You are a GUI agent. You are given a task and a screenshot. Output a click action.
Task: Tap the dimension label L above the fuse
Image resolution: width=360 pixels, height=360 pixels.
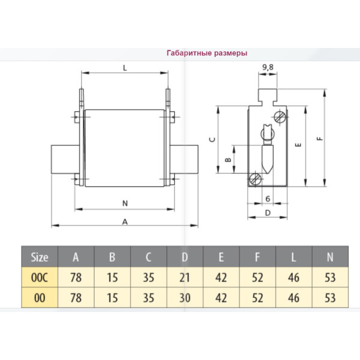(124, 68)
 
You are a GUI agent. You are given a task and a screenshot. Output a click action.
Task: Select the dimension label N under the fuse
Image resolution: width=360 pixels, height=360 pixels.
(124, 203)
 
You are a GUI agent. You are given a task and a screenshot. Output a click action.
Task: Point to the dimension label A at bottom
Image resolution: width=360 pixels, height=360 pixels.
(124, 221)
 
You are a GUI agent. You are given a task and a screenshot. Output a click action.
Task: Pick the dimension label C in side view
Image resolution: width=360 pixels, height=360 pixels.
(212, 139)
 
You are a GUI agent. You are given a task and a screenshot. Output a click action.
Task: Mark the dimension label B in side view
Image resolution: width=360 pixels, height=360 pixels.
(227, 160)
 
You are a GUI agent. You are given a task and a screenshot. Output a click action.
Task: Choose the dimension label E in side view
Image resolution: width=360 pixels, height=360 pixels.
(298, 145)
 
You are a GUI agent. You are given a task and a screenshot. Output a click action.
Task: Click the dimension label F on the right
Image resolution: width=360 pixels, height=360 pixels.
(320, 139)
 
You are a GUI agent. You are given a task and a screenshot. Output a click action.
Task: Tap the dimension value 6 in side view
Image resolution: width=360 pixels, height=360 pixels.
(266, 199)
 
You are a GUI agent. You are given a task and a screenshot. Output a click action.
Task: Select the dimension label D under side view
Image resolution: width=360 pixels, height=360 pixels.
(267, 212)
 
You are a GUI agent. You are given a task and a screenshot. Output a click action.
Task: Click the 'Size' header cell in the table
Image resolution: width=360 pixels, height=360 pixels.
(40, 257)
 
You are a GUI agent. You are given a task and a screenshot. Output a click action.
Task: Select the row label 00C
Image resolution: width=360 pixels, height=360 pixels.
(40, 278)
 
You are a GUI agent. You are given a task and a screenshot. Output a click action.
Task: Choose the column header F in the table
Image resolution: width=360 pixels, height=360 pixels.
(257, 257)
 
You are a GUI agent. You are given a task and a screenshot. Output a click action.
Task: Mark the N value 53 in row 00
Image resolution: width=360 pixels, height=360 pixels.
(330, 297)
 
